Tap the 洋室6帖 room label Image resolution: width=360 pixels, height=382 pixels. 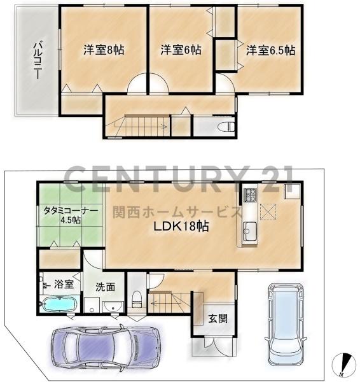tap(181, 49)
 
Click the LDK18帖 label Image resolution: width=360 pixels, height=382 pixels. tap(181, 226)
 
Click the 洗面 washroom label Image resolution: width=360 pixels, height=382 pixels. tap(105, 286)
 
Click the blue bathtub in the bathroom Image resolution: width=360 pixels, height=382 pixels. tap(59, 305)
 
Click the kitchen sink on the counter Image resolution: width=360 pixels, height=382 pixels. tap(249, 230)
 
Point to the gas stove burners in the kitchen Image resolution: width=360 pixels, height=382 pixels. tap(249, 194)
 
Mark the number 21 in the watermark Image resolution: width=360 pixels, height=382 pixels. tap(270, 179)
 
